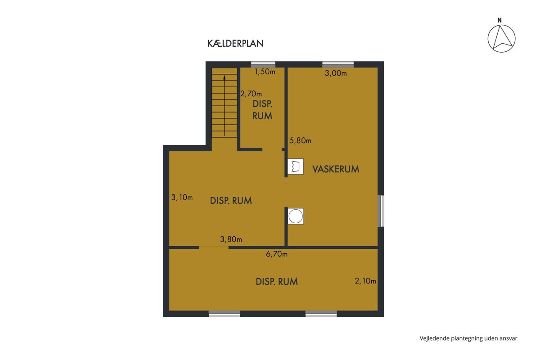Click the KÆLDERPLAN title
(x=235, y=43)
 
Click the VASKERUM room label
(x=336, y=169)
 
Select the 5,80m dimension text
(x=300, y=140)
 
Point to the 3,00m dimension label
(x=336, y=73)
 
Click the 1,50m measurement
(x=265, y=72)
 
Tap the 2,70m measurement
(x=251, y=94)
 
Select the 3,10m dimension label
(x=182, y=198)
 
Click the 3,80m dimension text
(x=231, y=239)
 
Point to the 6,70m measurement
(x=277, y=254)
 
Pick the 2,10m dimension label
(x=365, y=281)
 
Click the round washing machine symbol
(x=296, y=216)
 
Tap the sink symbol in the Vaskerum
(x=295, y=166)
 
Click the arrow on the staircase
(x=225, y=106)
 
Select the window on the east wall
(x=381, y=211)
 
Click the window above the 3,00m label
(x=338, y=65)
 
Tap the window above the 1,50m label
(x=263, y=65)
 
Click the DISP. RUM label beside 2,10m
(x=276, y=282)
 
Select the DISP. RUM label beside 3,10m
(x=231, y=201)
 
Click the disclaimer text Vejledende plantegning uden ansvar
(x=468, y=338)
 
